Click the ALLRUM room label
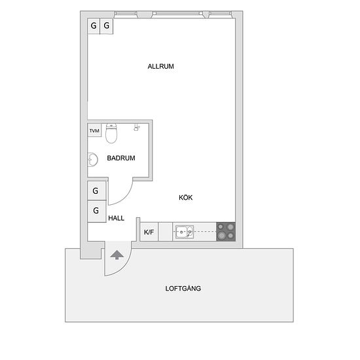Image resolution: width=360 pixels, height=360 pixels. pyautogui.click(x=161, y=66)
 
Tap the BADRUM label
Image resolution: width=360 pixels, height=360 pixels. pyautogui.click(x=121, y=158)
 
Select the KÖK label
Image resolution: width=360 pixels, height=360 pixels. pyautogui.click(x=185, y=198)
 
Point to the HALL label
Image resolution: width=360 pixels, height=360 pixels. pyautogui.click(x=116, y=218)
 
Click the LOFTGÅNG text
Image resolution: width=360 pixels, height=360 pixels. pyautogui.click(x=183, y=288)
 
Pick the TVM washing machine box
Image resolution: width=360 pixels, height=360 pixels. pyautogui.click(x=94, y=131)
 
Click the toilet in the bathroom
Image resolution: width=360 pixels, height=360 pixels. pyautogui.click(x=111, y=134)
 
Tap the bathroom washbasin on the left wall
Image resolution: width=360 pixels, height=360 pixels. pyautogui.click(x=93, y=159)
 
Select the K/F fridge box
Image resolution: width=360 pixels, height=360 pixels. pyautogui.click(x=149, y=232)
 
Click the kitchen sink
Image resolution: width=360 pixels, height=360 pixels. pyautogui.click(x=185, y=232)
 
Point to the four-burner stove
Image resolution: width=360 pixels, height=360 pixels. pyautogui.click(x=226, y=232)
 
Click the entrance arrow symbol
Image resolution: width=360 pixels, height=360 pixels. pyautogui.click(x=117, y=255)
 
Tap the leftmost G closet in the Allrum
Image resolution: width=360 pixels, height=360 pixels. pyautogui.click(x=94, y=26)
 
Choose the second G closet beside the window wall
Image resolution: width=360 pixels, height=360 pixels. pyautogui.click(x=107, y=26)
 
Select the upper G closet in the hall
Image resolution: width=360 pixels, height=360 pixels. pyautogui.click(x=97, y=190)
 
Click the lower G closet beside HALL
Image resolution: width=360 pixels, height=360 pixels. pyautogui.click(x=97, y=211)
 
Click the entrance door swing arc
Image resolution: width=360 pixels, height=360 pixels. pyautogui.click(x=124, y=267)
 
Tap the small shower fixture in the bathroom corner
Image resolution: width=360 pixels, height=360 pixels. pyautogui.click(x=137, y=128)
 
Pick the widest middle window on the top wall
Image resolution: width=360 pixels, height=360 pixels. pyautogui.click(x=177, y=14)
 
